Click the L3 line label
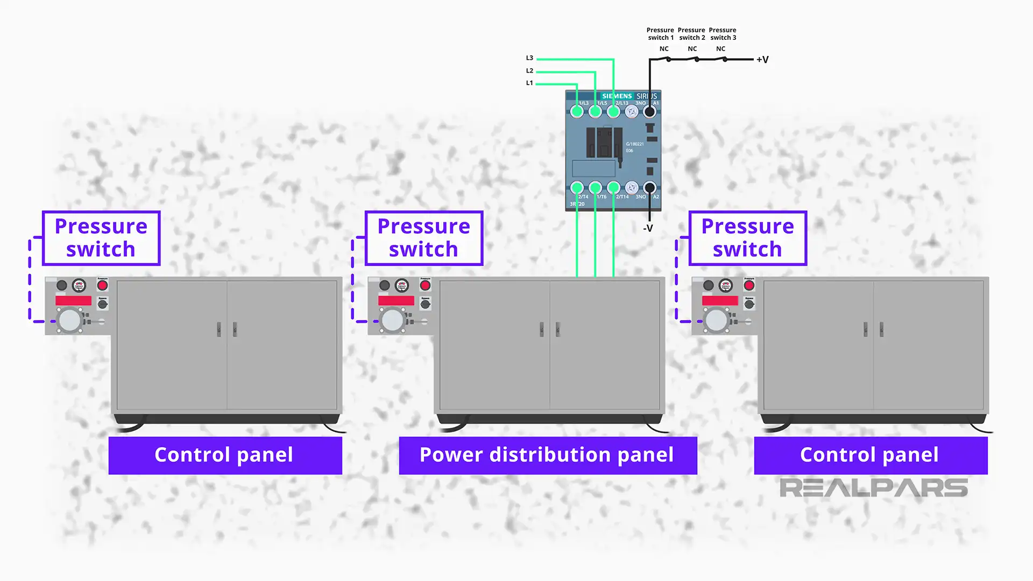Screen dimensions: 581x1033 529,58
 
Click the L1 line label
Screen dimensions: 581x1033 529,83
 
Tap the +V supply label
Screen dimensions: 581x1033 762,60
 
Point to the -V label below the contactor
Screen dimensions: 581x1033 648,229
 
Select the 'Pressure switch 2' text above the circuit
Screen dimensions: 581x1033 691,34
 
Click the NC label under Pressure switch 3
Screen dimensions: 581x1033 720,49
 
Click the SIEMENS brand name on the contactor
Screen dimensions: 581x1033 617,96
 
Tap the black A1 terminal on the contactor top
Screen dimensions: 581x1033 649,112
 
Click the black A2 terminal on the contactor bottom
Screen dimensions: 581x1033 649,188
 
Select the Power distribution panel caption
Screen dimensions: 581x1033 547,455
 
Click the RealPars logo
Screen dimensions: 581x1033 873,488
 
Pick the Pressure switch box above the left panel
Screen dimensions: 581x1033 101,238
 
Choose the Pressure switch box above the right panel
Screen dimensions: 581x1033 747,238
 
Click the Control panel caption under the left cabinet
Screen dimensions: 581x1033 224,455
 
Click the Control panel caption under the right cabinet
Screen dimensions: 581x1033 870,455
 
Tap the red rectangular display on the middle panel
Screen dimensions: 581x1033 396,301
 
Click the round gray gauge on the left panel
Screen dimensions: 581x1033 69,321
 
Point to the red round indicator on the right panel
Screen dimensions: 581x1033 749,285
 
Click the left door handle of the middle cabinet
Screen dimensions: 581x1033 541,329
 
